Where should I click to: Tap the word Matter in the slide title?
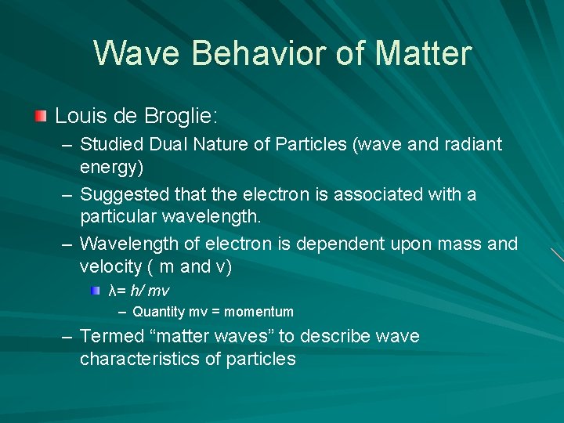(424, 54)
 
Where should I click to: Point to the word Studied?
(110, 144)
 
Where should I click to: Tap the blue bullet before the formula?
(95, 291)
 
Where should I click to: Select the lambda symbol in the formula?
(112, 291)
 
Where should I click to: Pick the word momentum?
(258, 312)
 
